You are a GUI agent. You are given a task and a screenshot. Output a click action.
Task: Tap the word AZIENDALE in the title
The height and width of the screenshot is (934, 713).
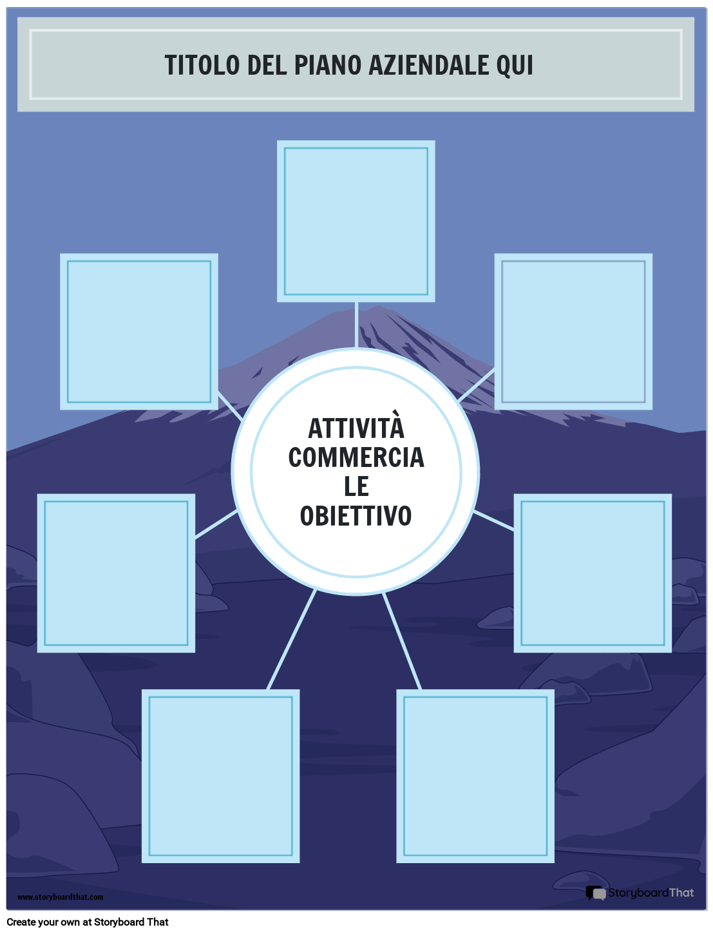[x=428, y=65]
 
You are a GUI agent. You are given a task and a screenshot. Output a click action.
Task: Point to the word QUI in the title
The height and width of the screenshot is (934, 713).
[x=515, y=65]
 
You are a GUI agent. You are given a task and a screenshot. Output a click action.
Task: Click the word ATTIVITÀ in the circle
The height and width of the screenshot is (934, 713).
[x=356, y=428]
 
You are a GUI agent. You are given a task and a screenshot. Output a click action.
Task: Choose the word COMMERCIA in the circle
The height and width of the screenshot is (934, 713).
[x=356, y=457]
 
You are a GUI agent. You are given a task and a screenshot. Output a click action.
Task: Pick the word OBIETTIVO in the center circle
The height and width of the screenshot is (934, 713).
[x=356, y=516]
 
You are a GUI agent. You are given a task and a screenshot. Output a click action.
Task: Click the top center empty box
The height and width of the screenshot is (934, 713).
[x=356, y=221]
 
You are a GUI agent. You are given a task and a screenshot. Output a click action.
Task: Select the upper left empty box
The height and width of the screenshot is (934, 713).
[x=139, y=332]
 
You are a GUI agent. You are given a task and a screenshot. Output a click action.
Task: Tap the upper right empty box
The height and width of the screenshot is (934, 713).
[x=573, y=332]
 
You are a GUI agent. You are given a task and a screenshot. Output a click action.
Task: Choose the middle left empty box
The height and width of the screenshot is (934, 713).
[x=116, y=573]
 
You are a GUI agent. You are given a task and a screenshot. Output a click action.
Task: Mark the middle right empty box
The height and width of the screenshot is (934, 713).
[x=593, y=573]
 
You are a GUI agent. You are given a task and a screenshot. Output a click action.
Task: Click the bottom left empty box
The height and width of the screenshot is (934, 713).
[x=220, y=776]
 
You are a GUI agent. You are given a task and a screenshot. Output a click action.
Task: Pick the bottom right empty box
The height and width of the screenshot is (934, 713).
[x=475, y=776]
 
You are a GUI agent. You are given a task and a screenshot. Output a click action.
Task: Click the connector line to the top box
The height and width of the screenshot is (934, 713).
[x=356, y=324]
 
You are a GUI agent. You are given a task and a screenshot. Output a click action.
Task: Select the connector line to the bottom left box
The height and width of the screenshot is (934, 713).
[x=292, y=639]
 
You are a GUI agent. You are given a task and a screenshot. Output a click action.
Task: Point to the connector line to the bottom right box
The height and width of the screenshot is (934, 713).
[x=402, y=640]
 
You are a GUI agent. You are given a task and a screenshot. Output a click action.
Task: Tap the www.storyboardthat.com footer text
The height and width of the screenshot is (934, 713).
[x=60, y=897]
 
